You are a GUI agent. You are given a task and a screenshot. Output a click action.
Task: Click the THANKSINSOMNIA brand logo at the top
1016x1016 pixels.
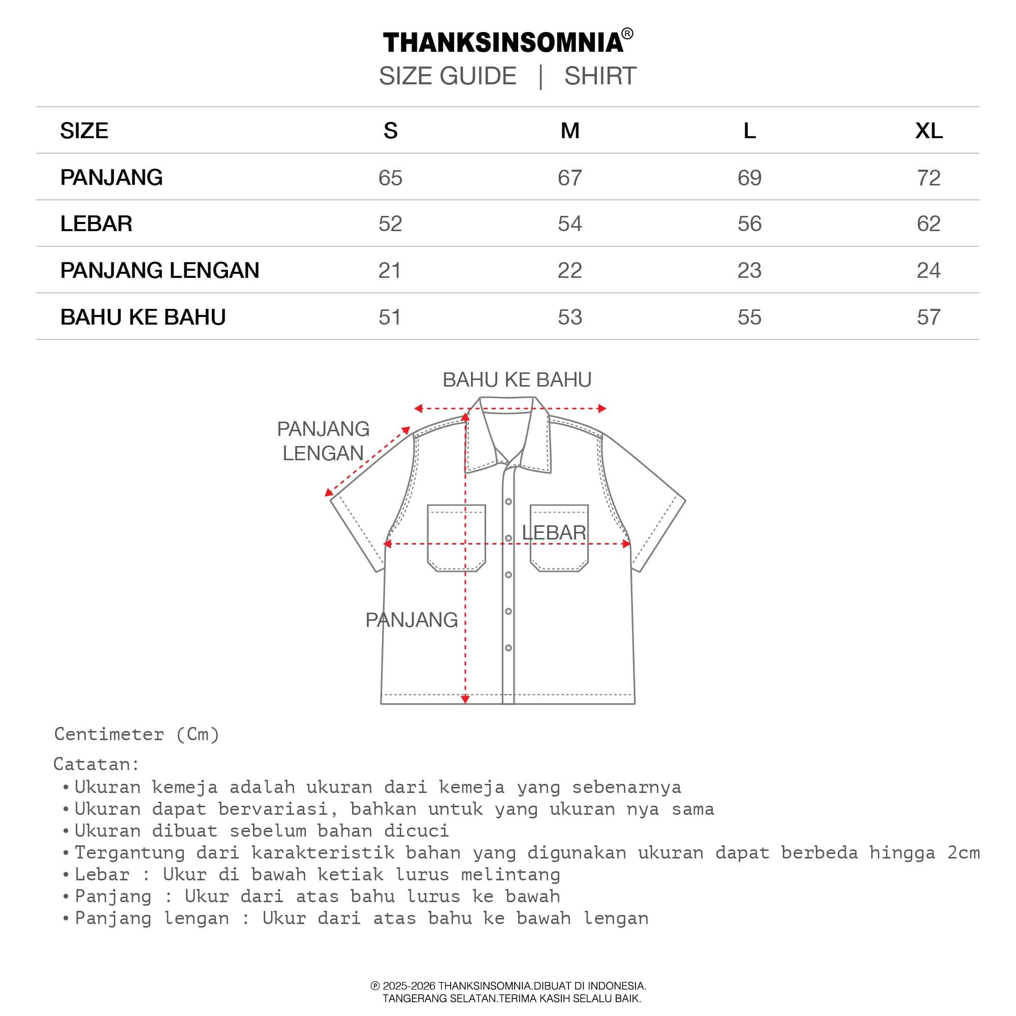pos(503,43)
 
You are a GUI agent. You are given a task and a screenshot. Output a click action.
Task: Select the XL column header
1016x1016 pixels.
pos(928,131)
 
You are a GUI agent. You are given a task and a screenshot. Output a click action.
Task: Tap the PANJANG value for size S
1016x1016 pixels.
pos(390,178)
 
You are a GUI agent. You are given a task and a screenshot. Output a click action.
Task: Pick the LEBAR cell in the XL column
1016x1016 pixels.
pos(928,224)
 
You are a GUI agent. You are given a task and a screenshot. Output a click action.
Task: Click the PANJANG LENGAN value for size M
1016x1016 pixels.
pos(569,270)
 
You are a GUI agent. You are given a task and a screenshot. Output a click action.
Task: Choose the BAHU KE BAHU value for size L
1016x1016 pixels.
pos(749,317)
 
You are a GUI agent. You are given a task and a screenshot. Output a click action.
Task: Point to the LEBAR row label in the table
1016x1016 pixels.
pos(96,224)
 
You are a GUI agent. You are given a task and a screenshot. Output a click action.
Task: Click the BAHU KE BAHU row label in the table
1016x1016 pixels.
pos(143,317)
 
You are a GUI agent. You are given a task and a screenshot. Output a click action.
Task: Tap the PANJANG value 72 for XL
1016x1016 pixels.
pos(928,178)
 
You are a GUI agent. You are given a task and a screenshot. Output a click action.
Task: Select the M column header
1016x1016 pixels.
pos(569,131)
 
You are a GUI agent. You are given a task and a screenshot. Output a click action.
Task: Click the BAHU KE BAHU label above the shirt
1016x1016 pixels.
pos(517,379)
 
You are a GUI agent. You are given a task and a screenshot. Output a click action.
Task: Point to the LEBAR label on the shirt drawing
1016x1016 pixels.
pos(553,533)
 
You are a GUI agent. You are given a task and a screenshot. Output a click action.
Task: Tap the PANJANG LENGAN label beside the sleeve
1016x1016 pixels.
pos(323,440)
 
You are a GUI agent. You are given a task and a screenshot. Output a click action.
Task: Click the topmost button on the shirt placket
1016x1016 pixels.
pos(509,502)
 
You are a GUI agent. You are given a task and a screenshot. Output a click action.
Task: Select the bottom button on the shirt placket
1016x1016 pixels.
pos(509,648)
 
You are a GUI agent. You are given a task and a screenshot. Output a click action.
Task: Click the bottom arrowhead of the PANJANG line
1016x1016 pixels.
pos(465,700)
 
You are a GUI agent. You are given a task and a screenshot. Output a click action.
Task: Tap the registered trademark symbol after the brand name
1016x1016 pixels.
pos(627,34)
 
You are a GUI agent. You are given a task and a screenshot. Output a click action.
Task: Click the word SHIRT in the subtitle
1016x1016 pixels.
pos(600,76)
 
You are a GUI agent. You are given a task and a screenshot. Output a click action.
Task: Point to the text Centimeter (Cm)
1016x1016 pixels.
pos(137,734)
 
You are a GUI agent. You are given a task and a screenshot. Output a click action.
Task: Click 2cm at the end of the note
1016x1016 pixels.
pos(963,852)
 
